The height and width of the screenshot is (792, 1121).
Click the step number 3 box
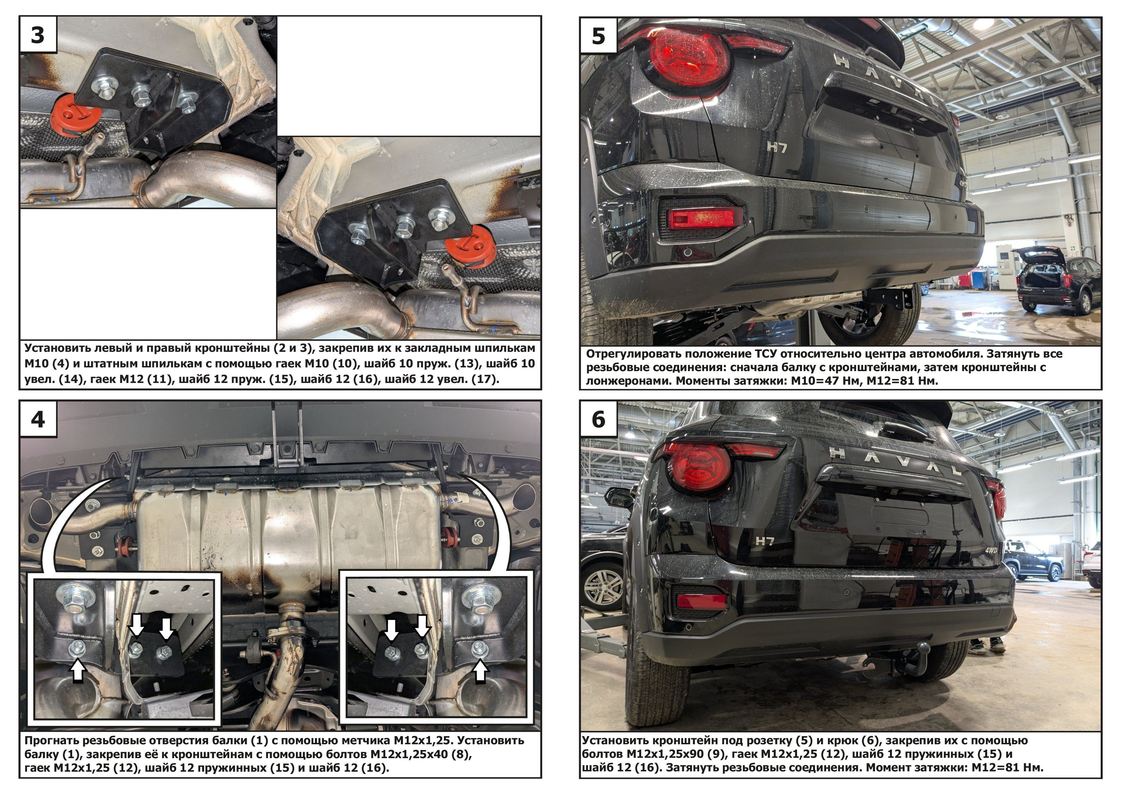(38, 35)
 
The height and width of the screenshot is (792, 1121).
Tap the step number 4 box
(38, 419)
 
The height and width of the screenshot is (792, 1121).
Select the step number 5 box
(598, 36)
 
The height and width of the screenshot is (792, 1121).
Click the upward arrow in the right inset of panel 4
(481, 670)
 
